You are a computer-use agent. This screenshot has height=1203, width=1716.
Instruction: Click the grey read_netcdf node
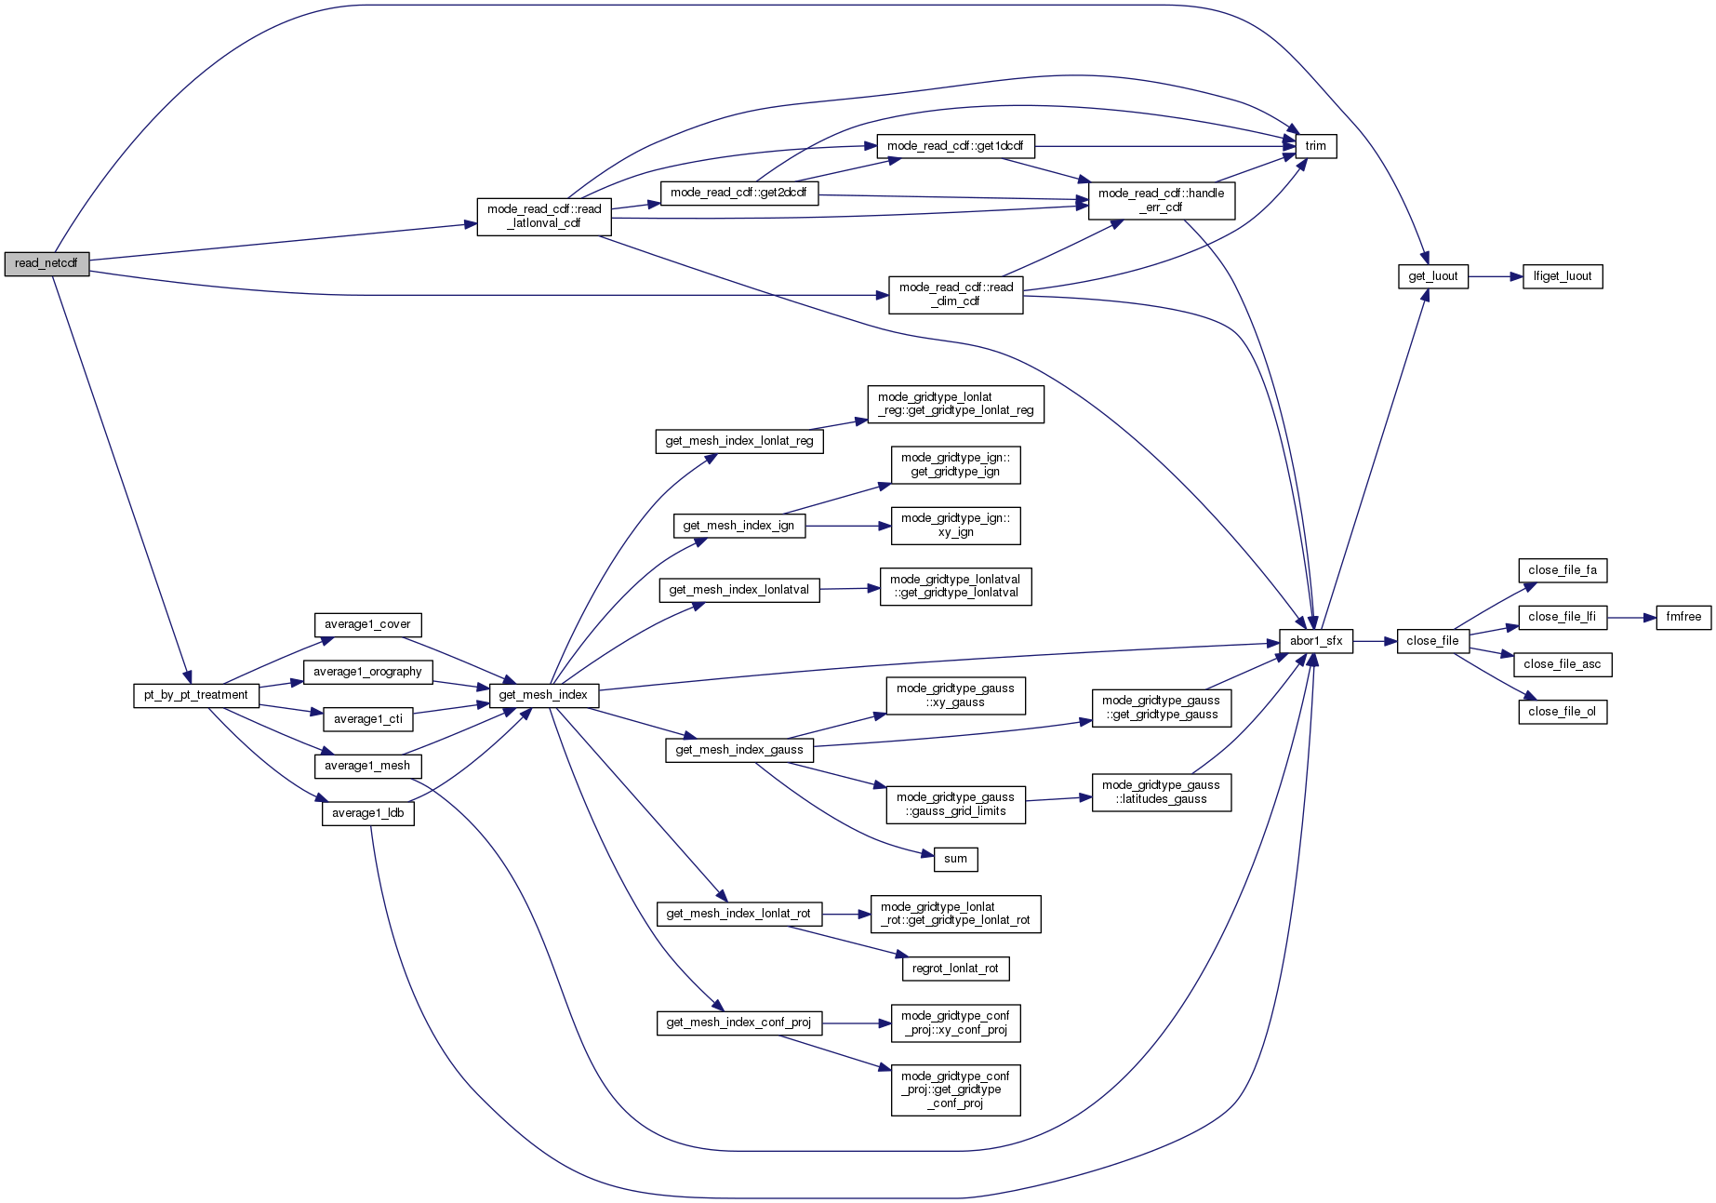click(x=47, y=263)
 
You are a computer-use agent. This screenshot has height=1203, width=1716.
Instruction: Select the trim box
click(x=1315, y=146)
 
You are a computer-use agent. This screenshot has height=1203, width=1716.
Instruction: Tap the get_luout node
click(x=1432, y=276)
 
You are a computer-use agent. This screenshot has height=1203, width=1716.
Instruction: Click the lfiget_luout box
click(x=1562, y=276)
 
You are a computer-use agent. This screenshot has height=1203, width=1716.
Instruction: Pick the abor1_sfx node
click(x=1315, y=641)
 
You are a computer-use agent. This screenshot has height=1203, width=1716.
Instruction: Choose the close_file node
click(x=1432, y=641)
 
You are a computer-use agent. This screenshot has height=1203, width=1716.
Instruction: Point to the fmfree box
click(x=1683, y=617)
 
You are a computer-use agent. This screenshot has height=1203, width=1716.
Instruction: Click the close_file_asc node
click(x=1562, y=664)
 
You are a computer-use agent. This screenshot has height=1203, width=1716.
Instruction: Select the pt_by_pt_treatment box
click(x=195, y=695)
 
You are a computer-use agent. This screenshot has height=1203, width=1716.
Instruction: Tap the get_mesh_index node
click(x=543, y=695)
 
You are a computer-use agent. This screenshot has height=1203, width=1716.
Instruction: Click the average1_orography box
click(x=367, y=672)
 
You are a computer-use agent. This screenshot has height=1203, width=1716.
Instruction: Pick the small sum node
click(x=955, y=859)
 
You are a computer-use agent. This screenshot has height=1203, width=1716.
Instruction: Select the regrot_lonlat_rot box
click(x=955, y=969)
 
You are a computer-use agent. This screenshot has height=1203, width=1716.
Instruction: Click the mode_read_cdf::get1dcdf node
click(x=955, y=146)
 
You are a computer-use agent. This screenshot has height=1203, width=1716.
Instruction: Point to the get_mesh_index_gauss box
click(x=739, y=750)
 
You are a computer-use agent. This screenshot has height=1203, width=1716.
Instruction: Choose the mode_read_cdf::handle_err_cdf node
click(x=1161, y=200)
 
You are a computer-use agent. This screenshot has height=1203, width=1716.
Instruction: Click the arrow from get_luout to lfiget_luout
click(x=1496, y=276)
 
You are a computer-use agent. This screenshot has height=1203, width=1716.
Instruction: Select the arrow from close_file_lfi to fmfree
click(x=1631, y=617)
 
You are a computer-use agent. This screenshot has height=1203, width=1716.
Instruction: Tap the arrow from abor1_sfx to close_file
click(x=1375, y=641)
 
